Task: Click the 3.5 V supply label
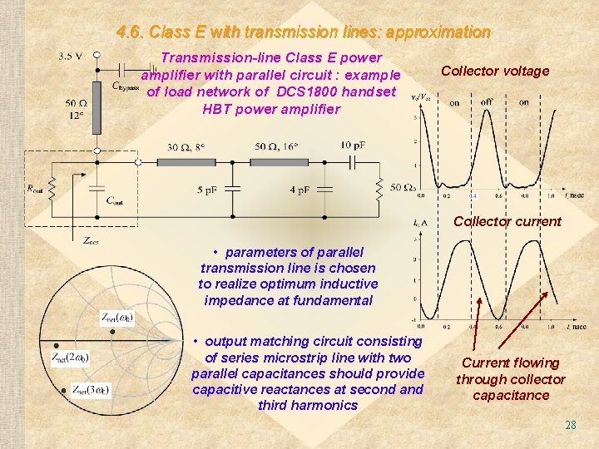[70, 56]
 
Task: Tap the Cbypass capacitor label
[126, 85]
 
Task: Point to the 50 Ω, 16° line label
[275, 147]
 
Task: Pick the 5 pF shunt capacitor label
[208, 190]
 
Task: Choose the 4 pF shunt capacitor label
[299, 190]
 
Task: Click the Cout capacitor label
[118, 200]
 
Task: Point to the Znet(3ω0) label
[91, 388]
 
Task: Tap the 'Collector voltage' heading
[495, 71]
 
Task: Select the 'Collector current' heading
[507, 222]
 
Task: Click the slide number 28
[570, 425]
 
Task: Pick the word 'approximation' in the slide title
[439, 32]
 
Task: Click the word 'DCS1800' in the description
[324, 91]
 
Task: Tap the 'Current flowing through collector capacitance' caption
[510, 379]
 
